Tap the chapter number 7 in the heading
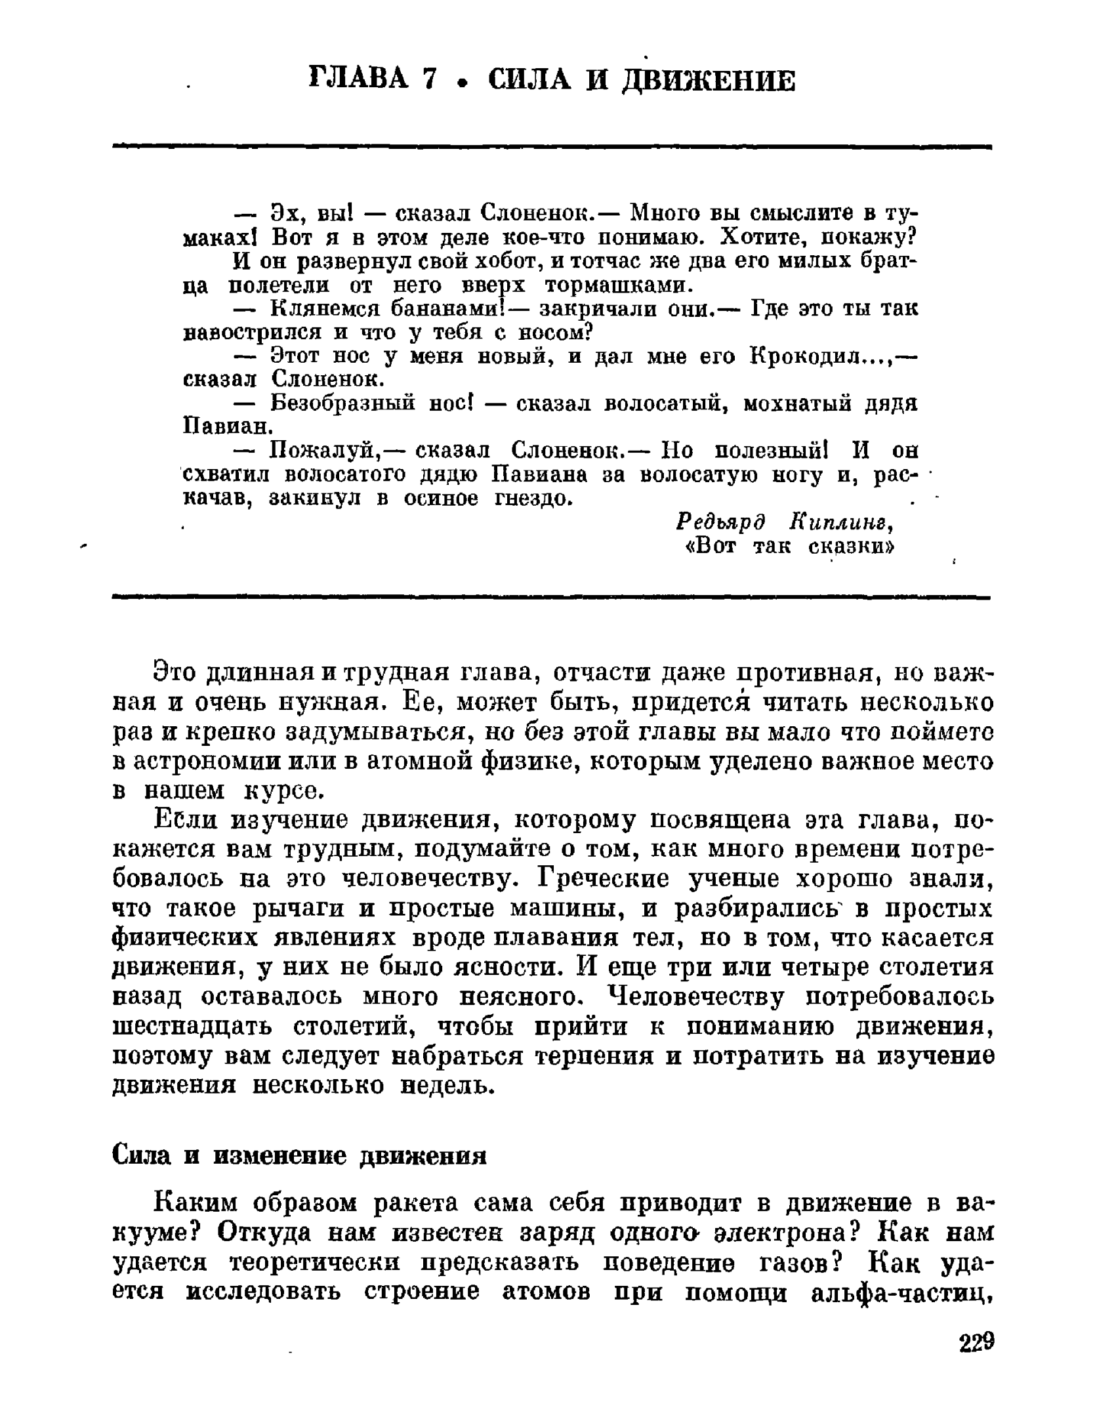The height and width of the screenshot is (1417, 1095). pyautogui.click(x=429, y=80)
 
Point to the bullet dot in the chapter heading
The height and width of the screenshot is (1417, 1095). pyautogui.click(x=463, y=83)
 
